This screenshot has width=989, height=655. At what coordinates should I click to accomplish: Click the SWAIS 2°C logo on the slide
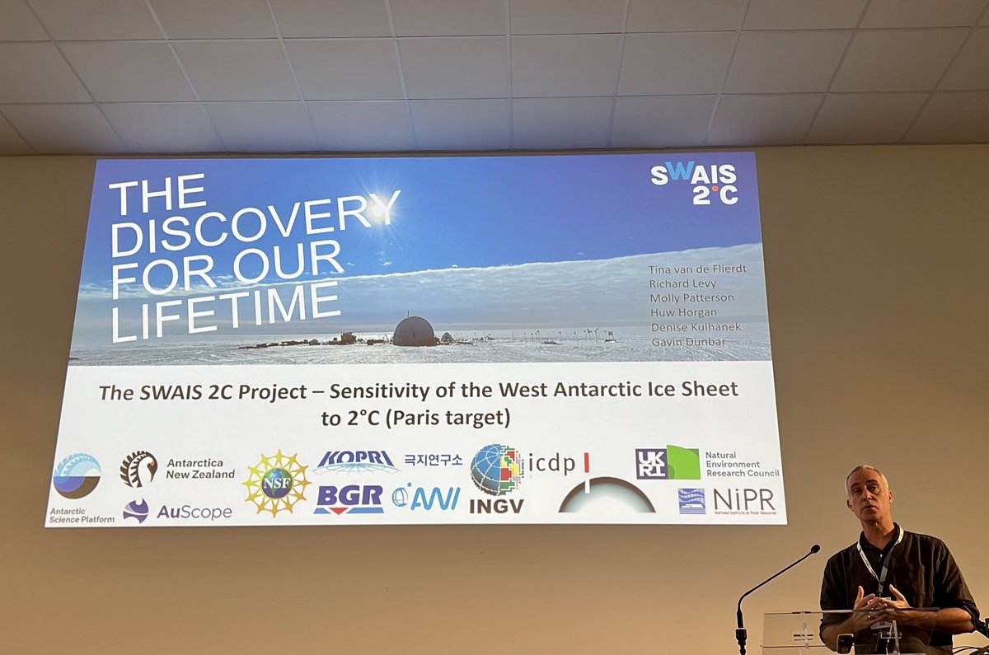(x=693, y=183)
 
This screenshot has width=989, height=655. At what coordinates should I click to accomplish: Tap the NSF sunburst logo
(x=276, y=484)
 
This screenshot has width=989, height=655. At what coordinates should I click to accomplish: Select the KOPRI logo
(x=355, y=461)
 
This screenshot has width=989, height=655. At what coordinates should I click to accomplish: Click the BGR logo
(x=349, y=498)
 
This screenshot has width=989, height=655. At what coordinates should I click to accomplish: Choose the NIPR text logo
(x=743, y=499)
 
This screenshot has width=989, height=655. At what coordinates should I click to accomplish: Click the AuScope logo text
(x=194, y=512)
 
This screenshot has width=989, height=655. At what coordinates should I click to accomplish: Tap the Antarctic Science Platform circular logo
(x=77, y=475)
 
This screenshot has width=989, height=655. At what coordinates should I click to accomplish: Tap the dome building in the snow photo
(x=413, y=330)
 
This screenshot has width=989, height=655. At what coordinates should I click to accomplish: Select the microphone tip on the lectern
(x=814, y=549)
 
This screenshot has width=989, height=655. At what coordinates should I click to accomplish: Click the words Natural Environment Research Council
(x=741, y=464)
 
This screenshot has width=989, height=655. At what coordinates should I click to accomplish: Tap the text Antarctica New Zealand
(x=200, y=468)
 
